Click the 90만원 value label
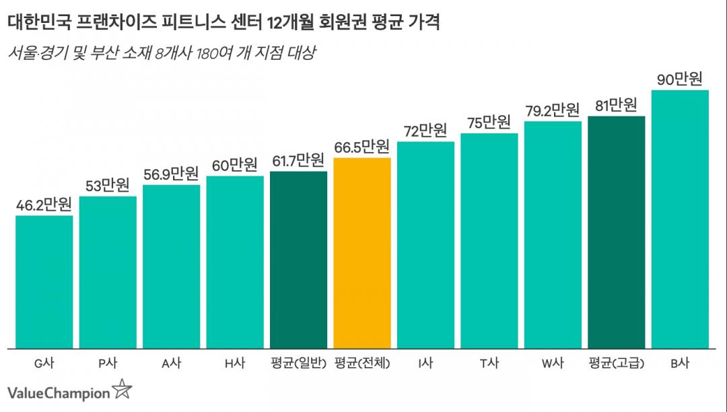tap(680, 79)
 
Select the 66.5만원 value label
tap(362, 147)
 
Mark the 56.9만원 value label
tap(171, 174)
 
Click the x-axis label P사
tap(108, 364)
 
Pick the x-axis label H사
tap(234, 364)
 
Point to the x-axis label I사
tap(425, 364)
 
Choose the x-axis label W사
tap(553, 364)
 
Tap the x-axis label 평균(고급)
tap(616, 364)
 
